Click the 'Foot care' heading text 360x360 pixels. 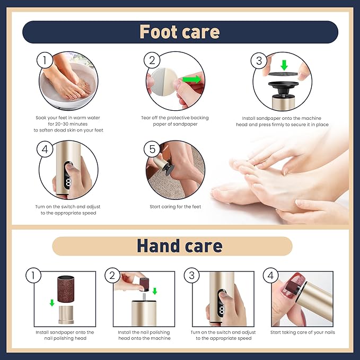pyautogui.click(x=180, y=32)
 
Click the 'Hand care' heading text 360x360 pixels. pyautogui.click(x=180, y=246)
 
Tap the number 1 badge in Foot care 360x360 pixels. pyautogui.click(x=45, y=60)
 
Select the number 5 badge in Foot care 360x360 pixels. pyautogui.click(x=152, y=149)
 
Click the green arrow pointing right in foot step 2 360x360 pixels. pyautogui.click(x=192, y=80)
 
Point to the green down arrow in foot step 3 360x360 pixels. pyautogui.click(x=284, y=65)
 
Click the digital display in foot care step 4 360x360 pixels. pyautogui.click(x=68, y=183)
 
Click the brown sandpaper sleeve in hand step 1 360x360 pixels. pyautogui.click(x=66, y=289)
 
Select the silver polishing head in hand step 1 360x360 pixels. pyautogui.click(x=66, y=314)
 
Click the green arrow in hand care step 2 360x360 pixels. pyautogui.click(x=155, y=291)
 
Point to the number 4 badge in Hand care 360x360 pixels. pyautogui.click(x=271, y=275)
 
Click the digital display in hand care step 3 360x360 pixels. pyautogui.click(x=222, y=310)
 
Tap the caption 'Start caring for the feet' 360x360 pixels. pyautogui.click(x=175, y=207)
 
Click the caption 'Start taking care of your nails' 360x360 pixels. pyautogui.click(x=303, y=332)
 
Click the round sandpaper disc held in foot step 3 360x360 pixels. pyautogui.click(x=283, y=74)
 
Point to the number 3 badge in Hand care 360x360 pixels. pyautogui.click(x=192, y=275)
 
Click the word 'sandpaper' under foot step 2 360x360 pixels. pyautogui.click(x=185, y=124)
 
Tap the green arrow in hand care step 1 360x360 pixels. pyautogui.click(x=52, y=303)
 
